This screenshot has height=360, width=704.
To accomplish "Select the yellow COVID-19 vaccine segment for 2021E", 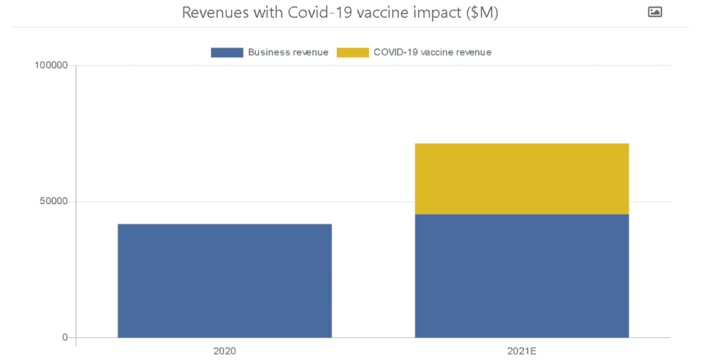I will point(522,179).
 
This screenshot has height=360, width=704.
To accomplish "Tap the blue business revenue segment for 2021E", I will point(522,275).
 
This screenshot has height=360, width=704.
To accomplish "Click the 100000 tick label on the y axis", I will point(52,65).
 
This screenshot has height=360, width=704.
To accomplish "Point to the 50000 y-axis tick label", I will point(54,201).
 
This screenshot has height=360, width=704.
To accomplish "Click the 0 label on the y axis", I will point(65,337).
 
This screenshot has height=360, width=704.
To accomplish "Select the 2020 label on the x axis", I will point(225,351).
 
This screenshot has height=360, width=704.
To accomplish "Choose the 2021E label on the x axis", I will point(522,351).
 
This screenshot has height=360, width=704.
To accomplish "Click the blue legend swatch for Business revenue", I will point(227,52).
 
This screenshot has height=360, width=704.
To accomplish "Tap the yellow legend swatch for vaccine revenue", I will point(352,52).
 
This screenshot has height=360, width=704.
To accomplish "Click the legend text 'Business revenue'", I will point(288,52).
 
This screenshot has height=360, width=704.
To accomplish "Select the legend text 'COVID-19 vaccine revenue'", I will point(432,52).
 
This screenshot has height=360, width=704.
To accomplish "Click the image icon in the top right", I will point(654,12).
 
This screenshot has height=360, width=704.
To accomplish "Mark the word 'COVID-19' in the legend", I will point(396,52).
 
